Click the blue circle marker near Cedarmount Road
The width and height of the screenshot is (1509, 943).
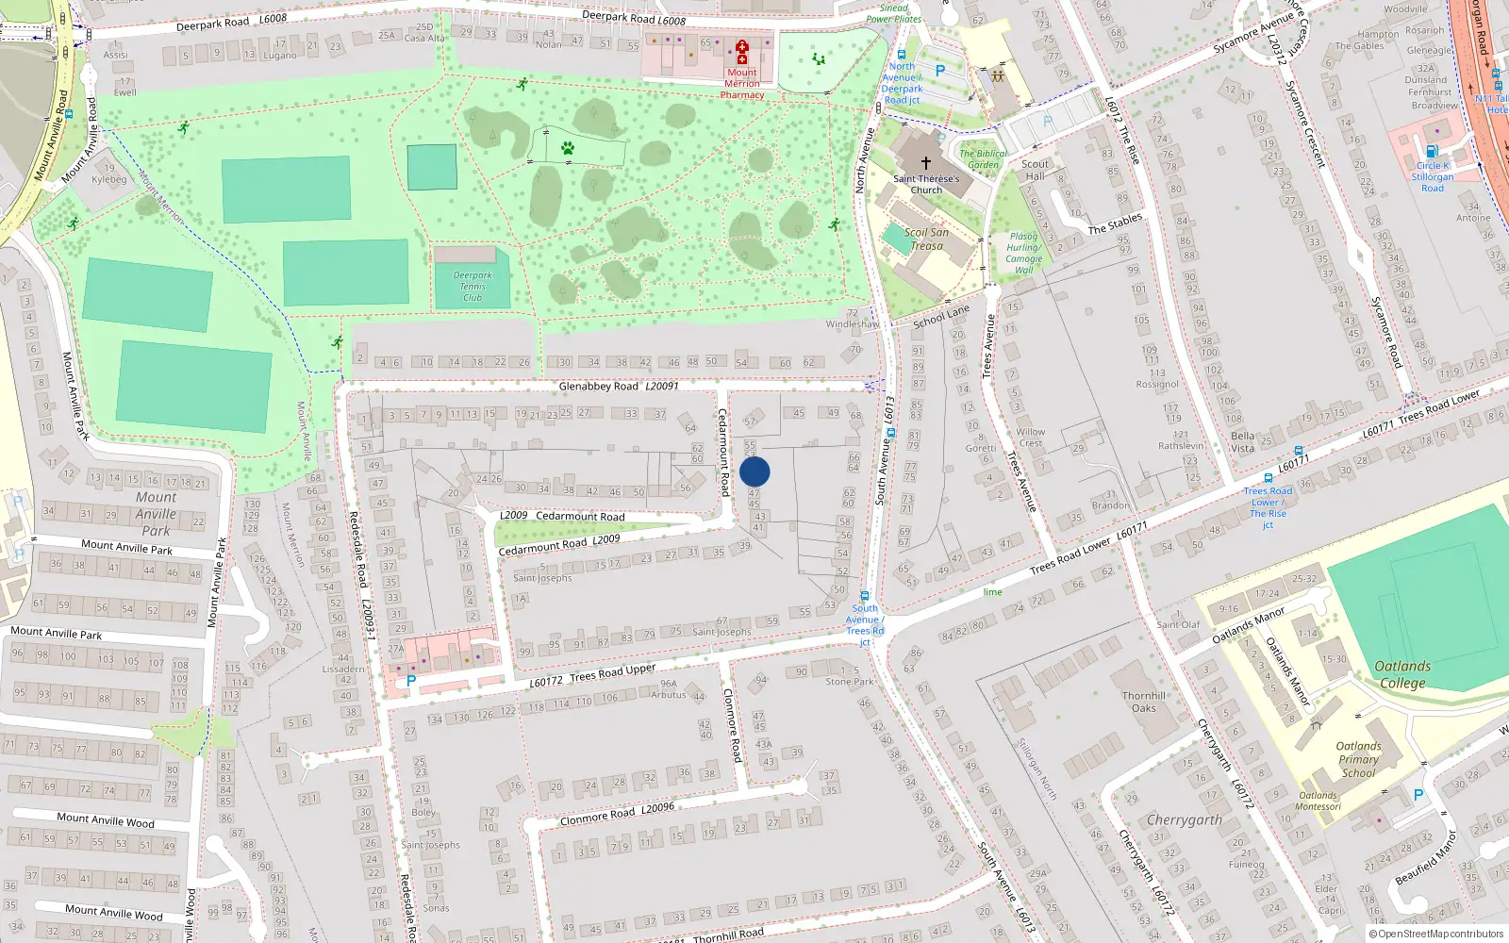point(754,471)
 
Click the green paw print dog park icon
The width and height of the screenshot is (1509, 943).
point(568,148)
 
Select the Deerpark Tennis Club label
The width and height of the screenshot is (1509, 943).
point(473,287)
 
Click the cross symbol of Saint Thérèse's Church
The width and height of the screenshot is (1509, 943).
point(926,163)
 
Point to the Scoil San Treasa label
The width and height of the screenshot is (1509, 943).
point(926,239)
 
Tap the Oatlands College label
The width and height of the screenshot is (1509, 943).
point(1402,674)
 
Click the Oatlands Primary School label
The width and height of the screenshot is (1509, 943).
point(1358,759)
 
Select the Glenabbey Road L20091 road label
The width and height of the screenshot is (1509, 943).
point(618,387)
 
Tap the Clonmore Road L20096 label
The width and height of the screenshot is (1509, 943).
point(617,814)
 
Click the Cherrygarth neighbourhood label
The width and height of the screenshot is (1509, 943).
point(1185,819)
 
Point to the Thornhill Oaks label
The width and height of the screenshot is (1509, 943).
point(1144,702)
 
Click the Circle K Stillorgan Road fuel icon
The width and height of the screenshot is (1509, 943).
point(1432,151)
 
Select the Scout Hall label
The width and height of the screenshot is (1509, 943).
point(1035,170)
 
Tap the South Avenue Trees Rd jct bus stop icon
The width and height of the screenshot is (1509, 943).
point(864,596)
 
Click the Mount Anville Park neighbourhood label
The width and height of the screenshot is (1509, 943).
point(156,513)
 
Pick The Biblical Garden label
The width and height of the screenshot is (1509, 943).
point(983,158)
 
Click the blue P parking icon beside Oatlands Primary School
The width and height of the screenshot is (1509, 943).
point(1418,795)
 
